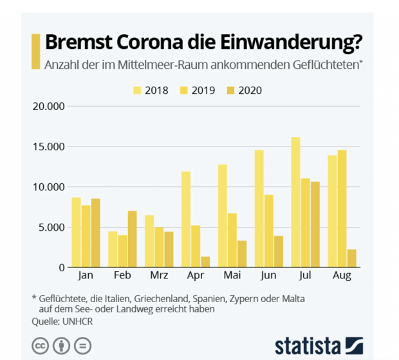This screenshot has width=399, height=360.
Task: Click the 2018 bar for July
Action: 295,202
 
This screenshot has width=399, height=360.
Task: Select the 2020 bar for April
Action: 205,262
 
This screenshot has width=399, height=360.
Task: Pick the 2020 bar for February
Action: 132,239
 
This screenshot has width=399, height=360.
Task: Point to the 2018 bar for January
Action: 76,232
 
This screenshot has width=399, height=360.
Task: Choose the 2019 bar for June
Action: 268,231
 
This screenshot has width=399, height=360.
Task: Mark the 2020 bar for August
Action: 351,258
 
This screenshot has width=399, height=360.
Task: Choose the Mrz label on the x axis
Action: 159,276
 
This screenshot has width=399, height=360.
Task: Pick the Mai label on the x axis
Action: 232,276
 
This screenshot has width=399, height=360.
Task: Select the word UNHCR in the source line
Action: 79,321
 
